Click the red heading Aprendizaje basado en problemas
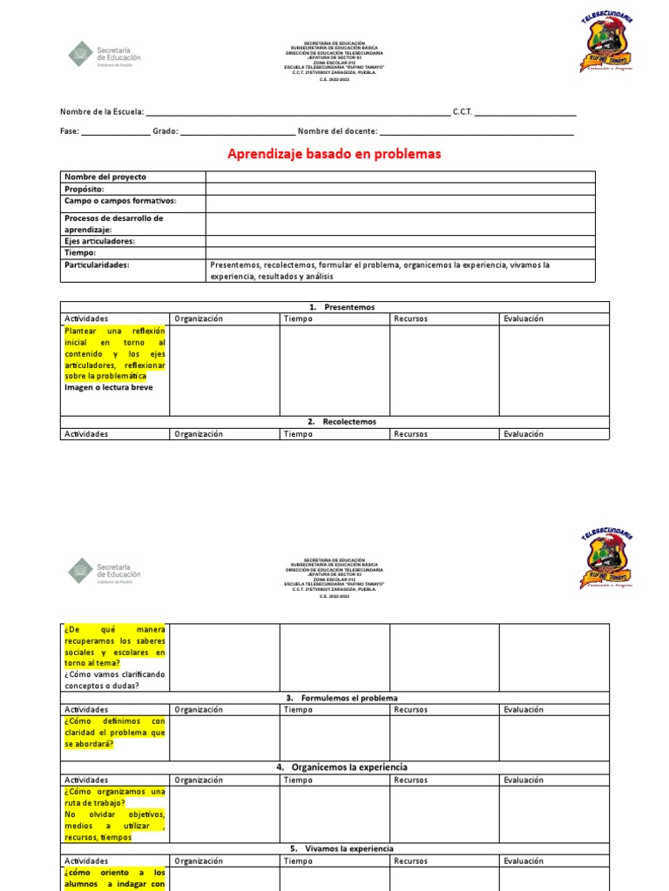[334, 154]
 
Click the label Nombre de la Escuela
[101, 112]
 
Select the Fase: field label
[70, 131]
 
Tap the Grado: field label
[166, 131]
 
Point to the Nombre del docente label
[337, 131]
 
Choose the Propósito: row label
[84, 189]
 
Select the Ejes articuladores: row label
[99, 241]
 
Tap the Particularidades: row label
[97, 265]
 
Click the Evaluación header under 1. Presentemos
[524, 318]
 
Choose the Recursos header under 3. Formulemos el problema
[410, 710]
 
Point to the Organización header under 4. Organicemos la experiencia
[199, 780]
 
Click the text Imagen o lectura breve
[108, 387]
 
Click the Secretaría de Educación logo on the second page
[104, 570]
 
